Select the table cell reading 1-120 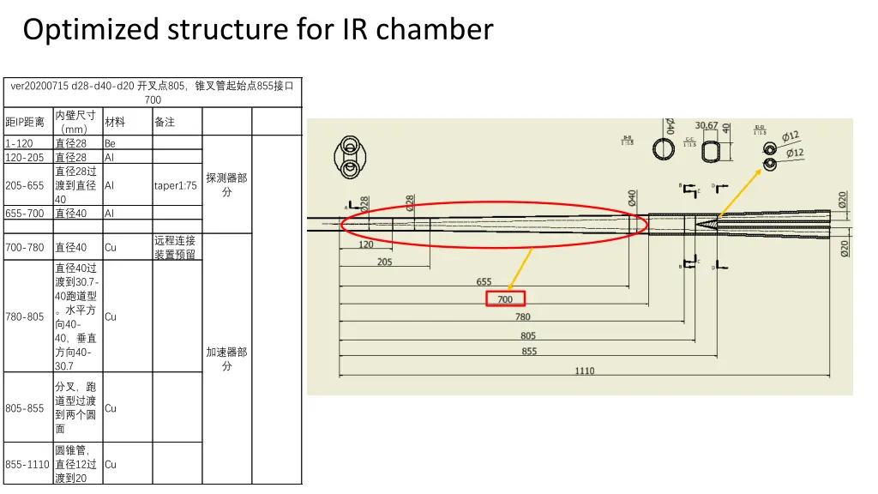point(19,144)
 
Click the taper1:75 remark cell point(176,185)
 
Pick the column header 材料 point(115,122)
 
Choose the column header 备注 point(165,122)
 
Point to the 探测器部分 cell point(226,184)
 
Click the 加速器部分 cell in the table point(226,358)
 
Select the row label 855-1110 point(27,464)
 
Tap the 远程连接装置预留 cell point(175,247)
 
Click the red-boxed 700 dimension point(505,299)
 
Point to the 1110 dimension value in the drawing point(585,370)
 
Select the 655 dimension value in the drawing point(484,282)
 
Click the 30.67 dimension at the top point(707,126)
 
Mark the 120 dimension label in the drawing point(366,244)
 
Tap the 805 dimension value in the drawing point(528,335)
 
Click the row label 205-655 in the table point(25,185)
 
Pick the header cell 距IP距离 point(25,122)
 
